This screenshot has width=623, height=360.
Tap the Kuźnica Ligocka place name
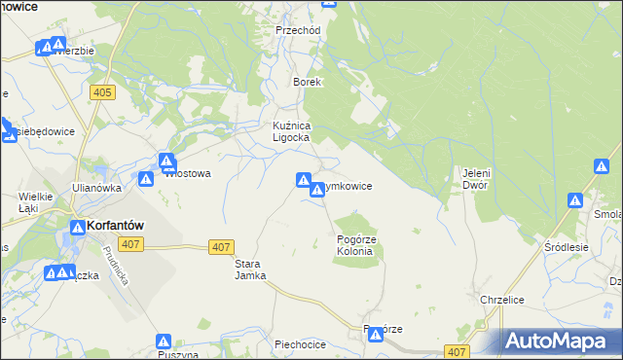tap(290, 132)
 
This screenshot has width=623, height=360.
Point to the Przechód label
tap(298, 30)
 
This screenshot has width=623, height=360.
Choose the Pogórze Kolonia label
tap(355, 245)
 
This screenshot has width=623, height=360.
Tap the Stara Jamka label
tap(250, 270)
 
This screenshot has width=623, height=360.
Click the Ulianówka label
tap(96, 188)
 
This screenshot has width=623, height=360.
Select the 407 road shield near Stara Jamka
tap(221, 247)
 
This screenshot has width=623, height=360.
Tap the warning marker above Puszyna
tap(164, 342)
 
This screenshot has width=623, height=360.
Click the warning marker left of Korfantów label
tap(76, 228)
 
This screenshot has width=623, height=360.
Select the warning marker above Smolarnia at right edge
tap(575, 201)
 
